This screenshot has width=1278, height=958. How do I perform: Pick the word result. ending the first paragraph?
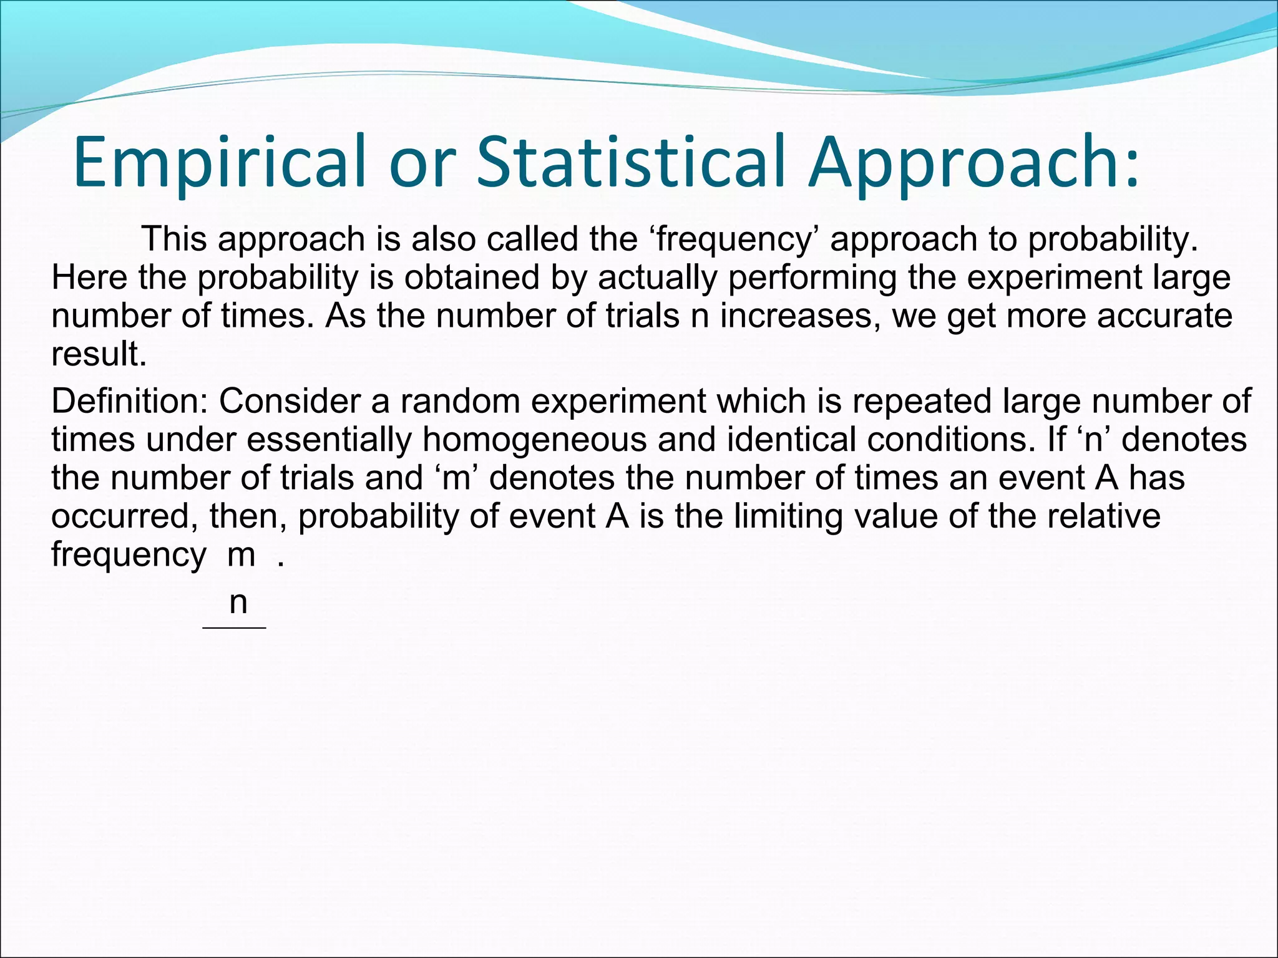[99, 354]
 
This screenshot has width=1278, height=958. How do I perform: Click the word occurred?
[125, 516]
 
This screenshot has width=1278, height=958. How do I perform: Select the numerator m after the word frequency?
[241, 555]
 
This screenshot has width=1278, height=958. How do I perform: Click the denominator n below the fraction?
[238, 602]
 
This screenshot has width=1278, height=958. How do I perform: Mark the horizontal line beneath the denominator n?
[235, 627]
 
